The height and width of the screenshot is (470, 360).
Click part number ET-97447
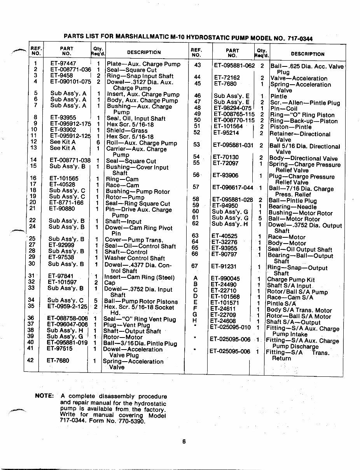[x=63, y=64]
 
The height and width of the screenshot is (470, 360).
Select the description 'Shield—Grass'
[x=127, y=131]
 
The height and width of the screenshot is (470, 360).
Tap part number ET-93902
[x=63, y=130]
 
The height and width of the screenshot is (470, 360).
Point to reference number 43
[x=197, y=65]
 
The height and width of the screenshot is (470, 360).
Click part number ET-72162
[x=227, y=78]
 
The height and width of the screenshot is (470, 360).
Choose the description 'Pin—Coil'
[x=283, y=109]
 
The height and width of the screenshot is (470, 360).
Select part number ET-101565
[x=64, y=179]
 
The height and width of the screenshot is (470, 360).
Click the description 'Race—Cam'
[x=122, y=185]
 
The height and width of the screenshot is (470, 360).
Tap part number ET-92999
[x=61, y=245]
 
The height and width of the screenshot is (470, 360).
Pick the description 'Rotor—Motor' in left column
[x=123, y=337]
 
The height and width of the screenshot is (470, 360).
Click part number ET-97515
[x=60, y=348]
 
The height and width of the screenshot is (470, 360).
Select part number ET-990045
[x=225, y=279]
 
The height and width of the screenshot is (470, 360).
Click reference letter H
[x=195, y=321]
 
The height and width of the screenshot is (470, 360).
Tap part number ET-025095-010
[x=230, y=327]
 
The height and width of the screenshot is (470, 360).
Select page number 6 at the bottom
[x=184, y=441]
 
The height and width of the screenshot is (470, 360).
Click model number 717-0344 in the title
[x=298, y=38]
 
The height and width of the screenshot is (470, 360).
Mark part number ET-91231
[x=224, y=266]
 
